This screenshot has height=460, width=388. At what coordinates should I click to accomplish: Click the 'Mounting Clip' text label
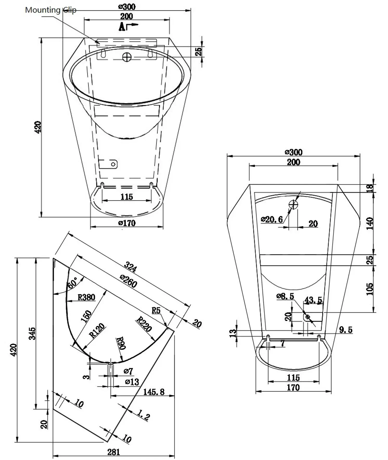(x=50, y=10)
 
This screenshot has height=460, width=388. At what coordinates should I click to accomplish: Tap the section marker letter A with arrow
(x=127, y=26)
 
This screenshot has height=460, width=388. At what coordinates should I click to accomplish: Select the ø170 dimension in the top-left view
(x=127, y=223)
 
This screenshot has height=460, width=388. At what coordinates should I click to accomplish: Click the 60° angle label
(x=73, y=282)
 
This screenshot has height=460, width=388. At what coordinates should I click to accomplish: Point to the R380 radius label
(x=86, y=297)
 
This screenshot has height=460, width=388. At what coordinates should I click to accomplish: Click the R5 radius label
(x=156, y=310)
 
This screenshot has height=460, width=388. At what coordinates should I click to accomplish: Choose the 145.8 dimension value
(x=154, y=392)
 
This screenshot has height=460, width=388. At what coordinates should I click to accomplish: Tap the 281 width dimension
(x=114, y=452)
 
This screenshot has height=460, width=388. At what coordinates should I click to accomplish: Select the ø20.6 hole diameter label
(x=272, y=219)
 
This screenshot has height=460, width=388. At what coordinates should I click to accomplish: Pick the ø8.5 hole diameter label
(x=285, y=296)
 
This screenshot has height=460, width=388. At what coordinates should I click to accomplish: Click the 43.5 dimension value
(x=313, y=300)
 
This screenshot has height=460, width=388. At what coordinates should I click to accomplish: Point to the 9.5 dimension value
(x=346, y=330)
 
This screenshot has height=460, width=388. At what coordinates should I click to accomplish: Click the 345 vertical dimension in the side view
(x=32, y=333)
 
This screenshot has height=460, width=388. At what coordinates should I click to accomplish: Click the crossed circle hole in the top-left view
(x=127, y=57)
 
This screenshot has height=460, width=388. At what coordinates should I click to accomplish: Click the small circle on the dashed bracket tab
(x=113, y=164)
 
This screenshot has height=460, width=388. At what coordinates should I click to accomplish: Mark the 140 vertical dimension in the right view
(x=369, y=223)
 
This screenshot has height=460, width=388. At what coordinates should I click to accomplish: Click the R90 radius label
(x=121, y=343)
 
